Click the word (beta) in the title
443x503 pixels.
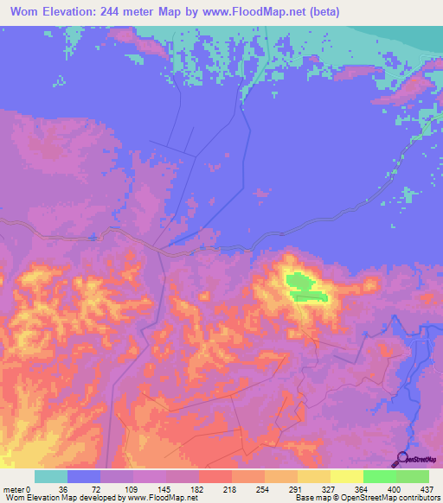pyautogui.click(x=319, y=12)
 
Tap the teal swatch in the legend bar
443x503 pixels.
pyautogui.click(x=51, y=476)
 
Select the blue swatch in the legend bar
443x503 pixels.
pyautogui.click(x=84, y=476)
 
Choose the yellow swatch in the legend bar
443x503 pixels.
pyautogui.click(x=314, y=476)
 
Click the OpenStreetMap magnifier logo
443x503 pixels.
pyautogui.click(x=401, y=459)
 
